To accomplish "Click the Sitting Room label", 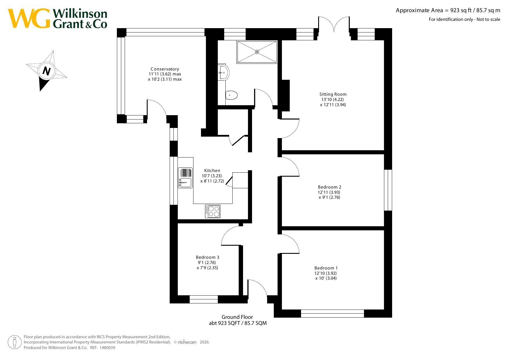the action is [x=333, y=94].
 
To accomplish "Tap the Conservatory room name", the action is [x=165, y=69].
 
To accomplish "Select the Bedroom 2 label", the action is [x=329, y=187].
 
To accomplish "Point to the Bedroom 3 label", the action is [x=208, y=257].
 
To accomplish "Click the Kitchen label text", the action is [x=212, y=171].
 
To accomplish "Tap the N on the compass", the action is [x=46, y=71].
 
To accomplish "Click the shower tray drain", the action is [x=257, y=52].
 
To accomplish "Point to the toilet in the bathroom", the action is [x=231, y=95].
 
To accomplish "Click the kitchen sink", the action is [x=185, y=178].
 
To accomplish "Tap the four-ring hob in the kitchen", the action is [x=213, y=211].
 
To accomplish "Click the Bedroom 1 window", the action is [x=332, y=314].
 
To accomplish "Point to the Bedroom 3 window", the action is [x=204, y=299].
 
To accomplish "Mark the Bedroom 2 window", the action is [x=388, y=190].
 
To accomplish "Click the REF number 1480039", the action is [x=107, y=348].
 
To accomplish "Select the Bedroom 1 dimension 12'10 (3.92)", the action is [x=326, y=273].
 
